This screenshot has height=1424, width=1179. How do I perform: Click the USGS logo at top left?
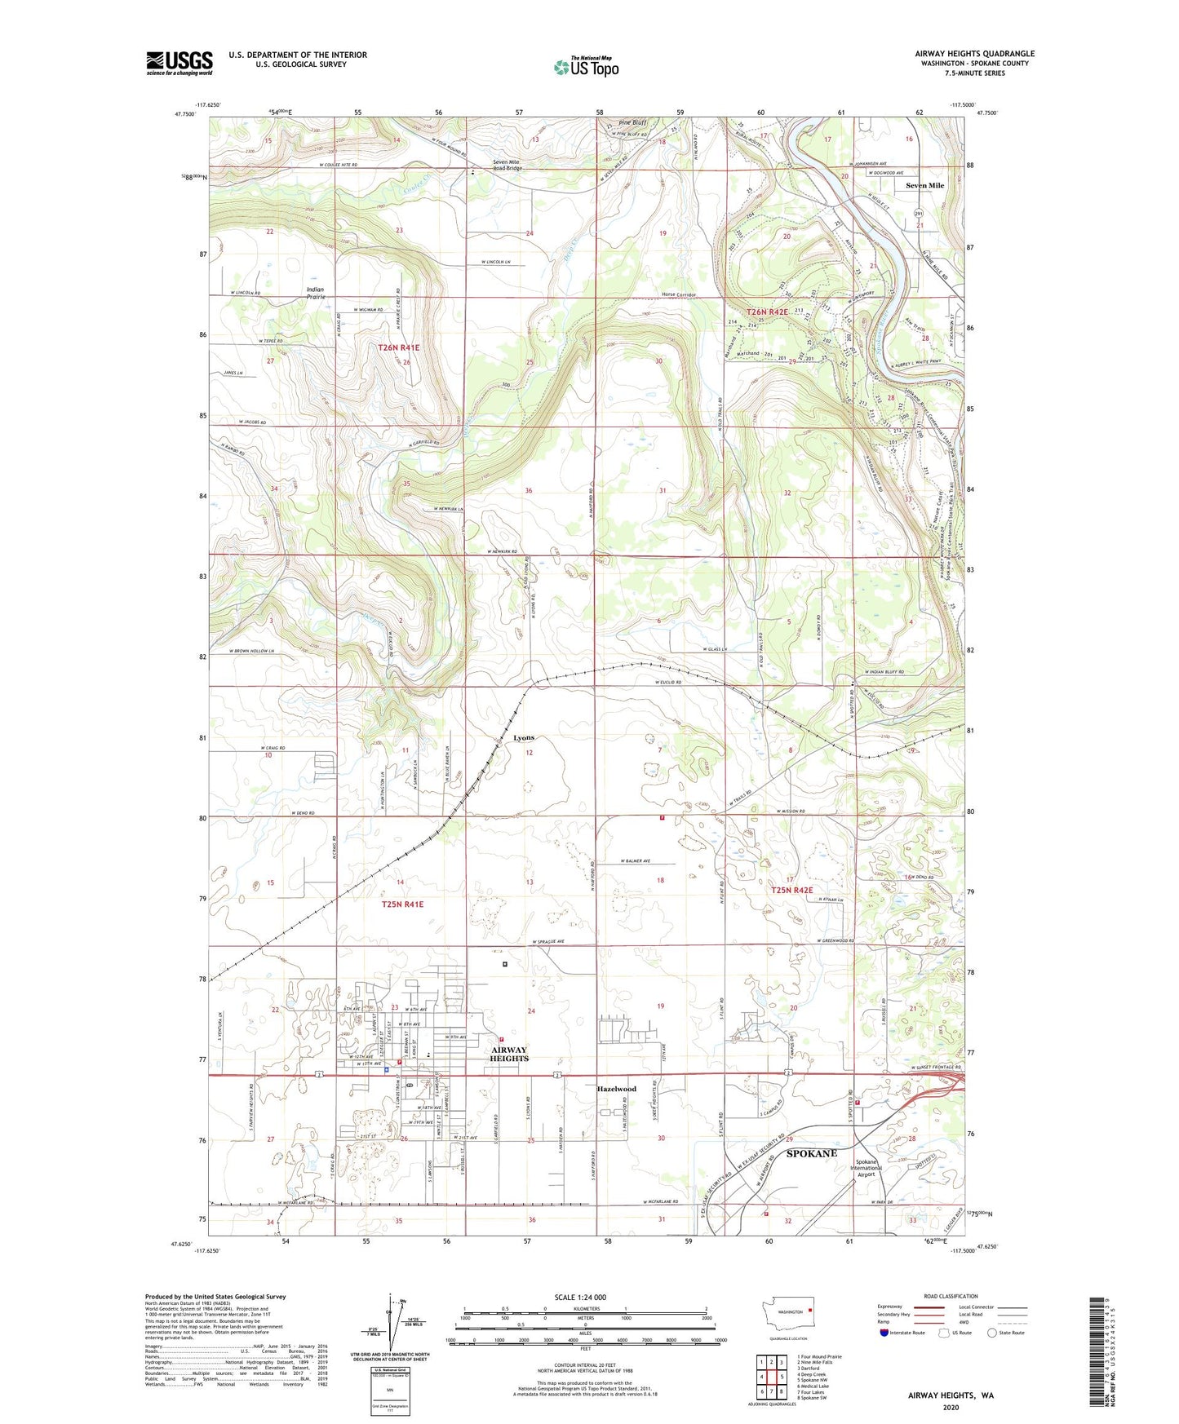click(180, 63)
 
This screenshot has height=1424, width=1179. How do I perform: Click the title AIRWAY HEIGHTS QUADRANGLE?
click(973, 54)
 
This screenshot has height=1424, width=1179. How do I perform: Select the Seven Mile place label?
click(924, 185)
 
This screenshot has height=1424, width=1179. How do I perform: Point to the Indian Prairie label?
click(315, 293)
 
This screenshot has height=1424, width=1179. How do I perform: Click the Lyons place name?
click(524, 737)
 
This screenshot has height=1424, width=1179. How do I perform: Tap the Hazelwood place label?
click(616, 1089)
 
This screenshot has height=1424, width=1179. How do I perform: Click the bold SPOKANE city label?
click(811, 1153)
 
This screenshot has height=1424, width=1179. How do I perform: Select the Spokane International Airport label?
click(866, 1168)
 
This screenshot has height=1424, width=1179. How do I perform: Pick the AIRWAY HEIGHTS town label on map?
click(508, 1054)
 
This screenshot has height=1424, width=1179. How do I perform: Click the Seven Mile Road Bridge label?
click(507, 164)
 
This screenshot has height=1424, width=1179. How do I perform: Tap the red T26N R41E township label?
click(398, 347)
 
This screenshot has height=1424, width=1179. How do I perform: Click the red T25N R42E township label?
click(791, 891)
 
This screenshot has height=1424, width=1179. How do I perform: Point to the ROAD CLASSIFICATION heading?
click(951, 1296)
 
